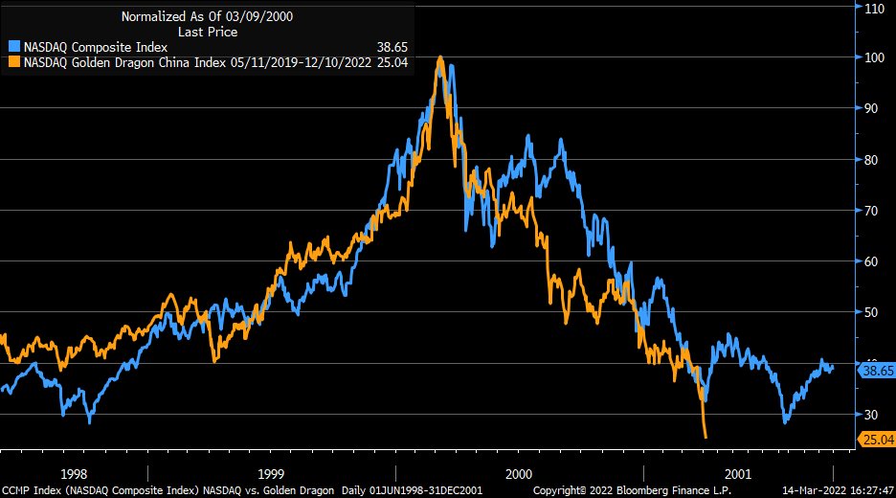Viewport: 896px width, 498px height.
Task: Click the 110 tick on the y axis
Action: click(x=873, y=8)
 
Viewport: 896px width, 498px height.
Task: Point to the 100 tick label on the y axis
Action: click(x=873, y=57)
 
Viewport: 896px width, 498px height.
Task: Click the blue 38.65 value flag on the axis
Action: click(x=876, y=370)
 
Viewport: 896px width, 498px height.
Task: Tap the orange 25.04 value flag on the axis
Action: click(x=876, y=439)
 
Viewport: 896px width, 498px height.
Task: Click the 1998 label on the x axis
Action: click(x=74, y=474)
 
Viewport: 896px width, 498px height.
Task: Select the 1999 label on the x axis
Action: click(x=271, y=474)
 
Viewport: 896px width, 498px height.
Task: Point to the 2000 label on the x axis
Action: click(x=519, y=474)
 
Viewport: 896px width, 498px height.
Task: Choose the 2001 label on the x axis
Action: click(x=737, y=474)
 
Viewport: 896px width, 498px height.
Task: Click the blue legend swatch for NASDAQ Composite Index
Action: click(x=13, y=46)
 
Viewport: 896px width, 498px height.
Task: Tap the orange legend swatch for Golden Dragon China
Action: click(x=13, y=61)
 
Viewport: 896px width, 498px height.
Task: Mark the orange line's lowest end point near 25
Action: click(x=706, y=438)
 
